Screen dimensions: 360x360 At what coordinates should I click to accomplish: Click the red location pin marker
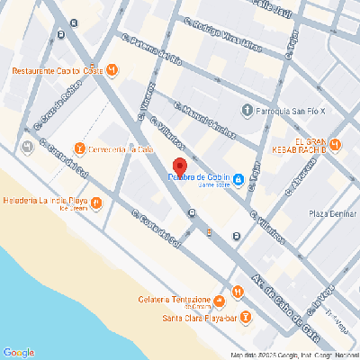click(179, 167)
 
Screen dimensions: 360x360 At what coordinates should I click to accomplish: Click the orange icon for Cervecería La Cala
click(79, 148)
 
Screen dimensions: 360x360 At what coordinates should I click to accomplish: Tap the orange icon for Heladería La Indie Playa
click(96, 202)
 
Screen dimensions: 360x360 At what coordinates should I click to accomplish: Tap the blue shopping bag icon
click(238, 181)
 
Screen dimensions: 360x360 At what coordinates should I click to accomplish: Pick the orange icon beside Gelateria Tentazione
click(238, 292)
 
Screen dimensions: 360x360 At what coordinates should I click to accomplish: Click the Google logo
click(18, 352)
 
